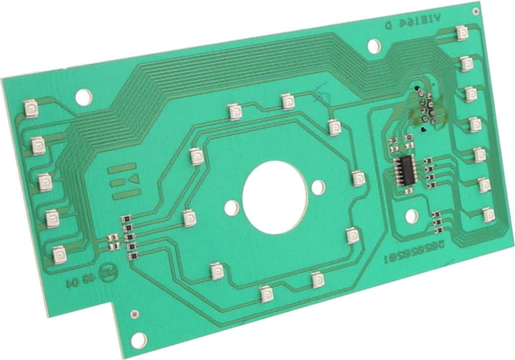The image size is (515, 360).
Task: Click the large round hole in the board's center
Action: pos(275,197)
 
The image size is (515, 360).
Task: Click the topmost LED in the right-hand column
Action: pos(461,33)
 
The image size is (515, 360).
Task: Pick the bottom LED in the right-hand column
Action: pos(488,214)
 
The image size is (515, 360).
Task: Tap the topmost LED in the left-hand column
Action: pos(31,108)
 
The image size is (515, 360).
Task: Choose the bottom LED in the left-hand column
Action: pos(59,254)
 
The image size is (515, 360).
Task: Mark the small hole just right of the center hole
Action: pos(319,187)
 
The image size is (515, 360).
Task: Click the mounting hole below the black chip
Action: pos(411,216)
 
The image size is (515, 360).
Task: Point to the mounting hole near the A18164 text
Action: pos(374,46)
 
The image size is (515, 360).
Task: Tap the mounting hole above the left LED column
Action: pos(84,97)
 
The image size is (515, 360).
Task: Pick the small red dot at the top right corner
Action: pos(475,10)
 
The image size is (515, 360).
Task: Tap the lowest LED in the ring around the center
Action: pos(266,293)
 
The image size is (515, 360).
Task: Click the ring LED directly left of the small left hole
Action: pos(188,217)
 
